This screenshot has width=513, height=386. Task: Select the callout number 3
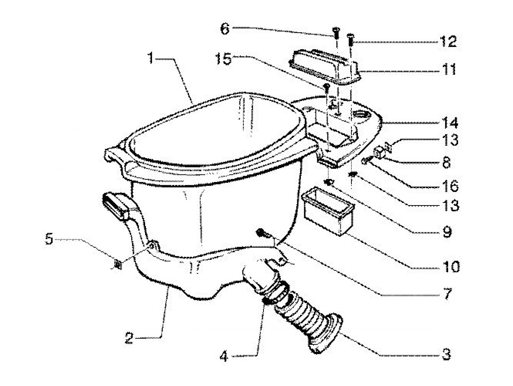click(x=446, y=354)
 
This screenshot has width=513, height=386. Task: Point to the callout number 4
click(x=224, y=356)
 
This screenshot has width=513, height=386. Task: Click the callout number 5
click(x=49, y=240)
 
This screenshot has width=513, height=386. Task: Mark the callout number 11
click(x=448, y=69)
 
